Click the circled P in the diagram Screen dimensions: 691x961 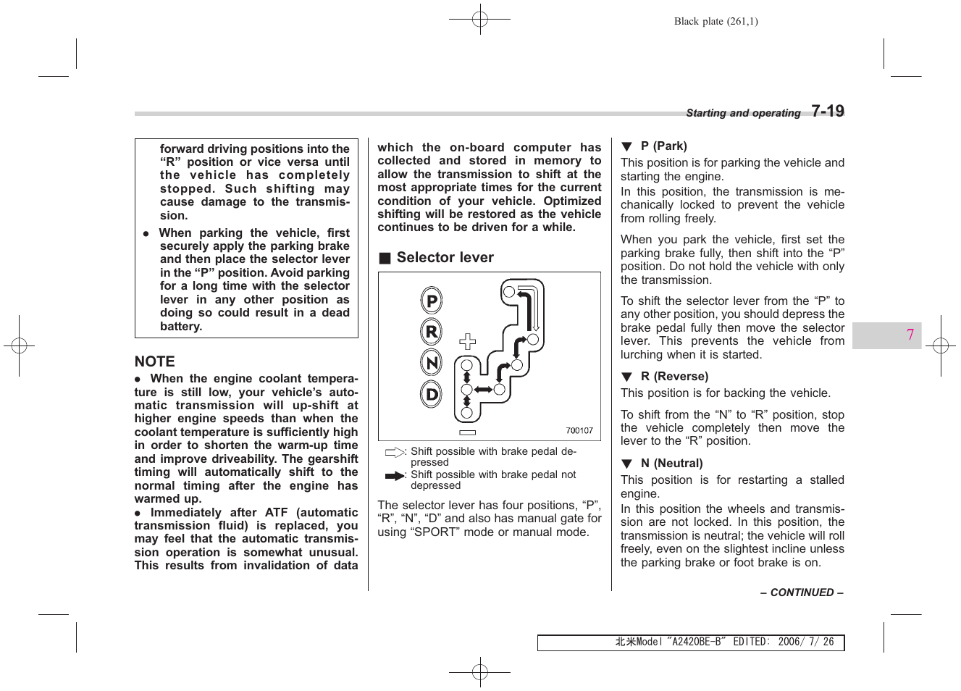432,301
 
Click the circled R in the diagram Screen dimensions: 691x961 432,332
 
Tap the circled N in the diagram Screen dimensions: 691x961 432,363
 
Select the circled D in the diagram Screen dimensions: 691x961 432,395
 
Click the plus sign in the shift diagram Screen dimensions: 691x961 468,341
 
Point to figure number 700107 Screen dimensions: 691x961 579,430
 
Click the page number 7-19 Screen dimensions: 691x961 827,111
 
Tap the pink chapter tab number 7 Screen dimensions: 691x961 910,335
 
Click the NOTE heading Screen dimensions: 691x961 155,361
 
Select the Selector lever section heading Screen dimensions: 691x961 445,257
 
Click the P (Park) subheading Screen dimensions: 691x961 663,146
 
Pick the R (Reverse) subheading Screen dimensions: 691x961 674,376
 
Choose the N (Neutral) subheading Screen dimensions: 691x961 671,463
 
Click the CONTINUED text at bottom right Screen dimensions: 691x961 802,592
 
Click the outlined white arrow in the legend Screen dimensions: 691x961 395,453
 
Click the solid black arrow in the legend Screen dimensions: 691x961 395,476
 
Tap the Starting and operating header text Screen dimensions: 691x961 743,113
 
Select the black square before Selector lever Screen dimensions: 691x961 385,258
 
